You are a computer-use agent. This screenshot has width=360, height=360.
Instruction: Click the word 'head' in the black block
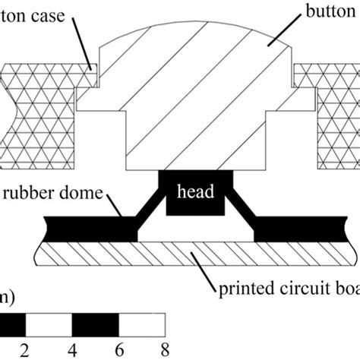(x=194, y=193)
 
